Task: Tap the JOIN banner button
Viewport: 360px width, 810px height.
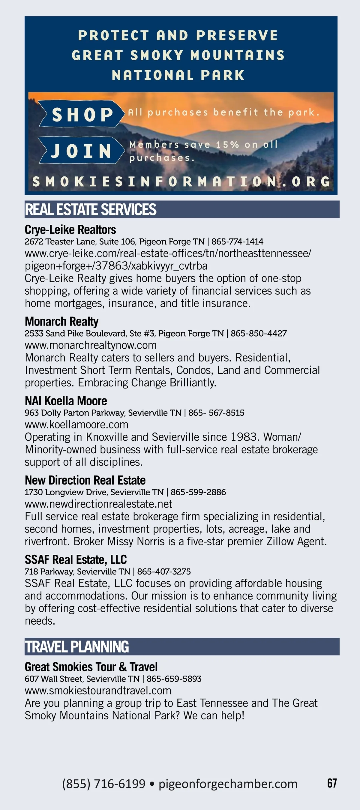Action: [x=81, y=150]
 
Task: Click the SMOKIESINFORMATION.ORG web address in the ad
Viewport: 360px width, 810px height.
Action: [x=181, y=182]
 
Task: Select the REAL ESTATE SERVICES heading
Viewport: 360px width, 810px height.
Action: [x=91, y=210]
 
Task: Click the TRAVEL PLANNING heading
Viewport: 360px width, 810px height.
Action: [x=77, y=647]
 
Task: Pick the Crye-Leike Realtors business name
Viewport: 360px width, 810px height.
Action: [x=70, y=230]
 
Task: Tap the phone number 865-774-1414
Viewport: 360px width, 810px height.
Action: [x=237, y=242]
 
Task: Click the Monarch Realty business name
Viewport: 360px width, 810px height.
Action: [x=61, y=322]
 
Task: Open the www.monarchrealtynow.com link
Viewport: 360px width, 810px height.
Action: [x=91, y=345]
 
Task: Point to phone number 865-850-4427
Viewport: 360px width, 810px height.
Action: [x=258, y=334]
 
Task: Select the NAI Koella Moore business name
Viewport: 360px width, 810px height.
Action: [x=66, y=401]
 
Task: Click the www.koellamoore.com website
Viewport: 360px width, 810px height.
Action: [x=76, y=425]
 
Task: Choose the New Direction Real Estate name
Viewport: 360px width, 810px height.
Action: [x=85, y=481]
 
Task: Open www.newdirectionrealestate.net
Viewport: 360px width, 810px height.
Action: [x=98, y=504]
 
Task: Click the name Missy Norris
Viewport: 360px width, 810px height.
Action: [x=136, y=541]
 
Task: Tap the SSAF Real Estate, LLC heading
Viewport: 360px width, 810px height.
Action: [x=76, y=560]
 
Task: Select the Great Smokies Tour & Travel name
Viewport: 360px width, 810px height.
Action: [x=91, y=667]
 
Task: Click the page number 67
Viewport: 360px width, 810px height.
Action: [x=332, y=783]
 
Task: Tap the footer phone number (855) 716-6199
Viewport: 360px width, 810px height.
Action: [x=104, y=784]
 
